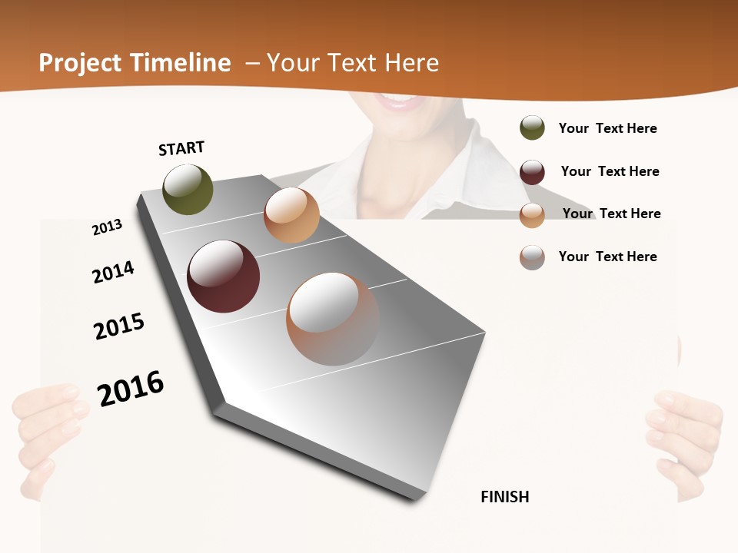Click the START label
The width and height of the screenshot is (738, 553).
(181, 148)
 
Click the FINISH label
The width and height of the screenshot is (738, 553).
(505, 497)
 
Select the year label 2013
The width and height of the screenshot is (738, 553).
(107, 227)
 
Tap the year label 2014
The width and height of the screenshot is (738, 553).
(113, 272)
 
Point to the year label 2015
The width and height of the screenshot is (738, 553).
(119, 326)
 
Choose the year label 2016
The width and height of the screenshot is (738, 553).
(131, 388)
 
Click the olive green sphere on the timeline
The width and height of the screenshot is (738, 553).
(188, 189)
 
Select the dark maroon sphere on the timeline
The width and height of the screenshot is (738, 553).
(223, 276)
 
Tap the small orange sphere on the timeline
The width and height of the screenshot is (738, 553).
(291, 215)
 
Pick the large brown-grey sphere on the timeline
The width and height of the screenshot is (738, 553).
(333, 319)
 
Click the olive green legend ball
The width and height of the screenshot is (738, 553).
(532, 128)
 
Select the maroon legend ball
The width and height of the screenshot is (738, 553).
(532, 172)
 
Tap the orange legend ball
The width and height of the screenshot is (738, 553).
(532, 215)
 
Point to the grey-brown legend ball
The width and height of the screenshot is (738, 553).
(532, 257)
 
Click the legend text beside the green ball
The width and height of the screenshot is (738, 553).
(607, 129)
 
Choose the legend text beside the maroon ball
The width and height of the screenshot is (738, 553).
(610, 171)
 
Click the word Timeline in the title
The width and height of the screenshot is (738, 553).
(181, 63)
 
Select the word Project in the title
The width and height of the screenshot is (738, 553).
(80, 63)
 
